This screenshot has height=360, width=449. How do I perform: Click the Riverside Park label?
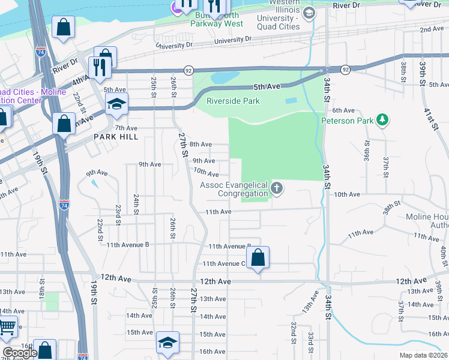coord(234,101)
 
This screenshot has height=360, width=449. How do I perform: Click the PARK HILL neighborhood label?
coord(116,137)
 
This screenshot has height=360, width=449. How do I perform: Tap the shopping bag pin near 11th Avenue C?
coord(258,258)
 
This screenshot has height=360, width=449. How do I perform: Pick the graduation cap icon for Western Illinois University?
coord(309,13)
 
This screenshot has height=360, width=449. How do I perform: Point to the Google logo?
coord(20,353)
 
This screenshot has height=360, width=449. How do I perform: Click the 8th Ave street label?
coord(201,144)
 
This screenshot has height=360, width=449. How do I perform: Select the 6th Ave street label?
coord(344,110)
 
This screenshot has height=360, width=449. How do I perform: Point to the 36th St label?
coord(366,154)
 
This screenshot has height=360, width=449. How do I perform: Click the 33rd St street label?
coord(311,342)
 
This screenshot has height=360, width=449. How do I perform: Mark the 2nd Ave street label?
coord(432,29)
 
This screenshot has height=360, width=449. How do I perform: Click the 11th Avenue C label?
coord(224,263)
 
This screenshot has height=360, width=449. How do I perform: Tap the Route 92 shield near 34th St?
coord(345,70)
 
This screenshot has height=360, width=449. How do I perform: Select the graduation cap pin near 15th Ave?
coord(167,343)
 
